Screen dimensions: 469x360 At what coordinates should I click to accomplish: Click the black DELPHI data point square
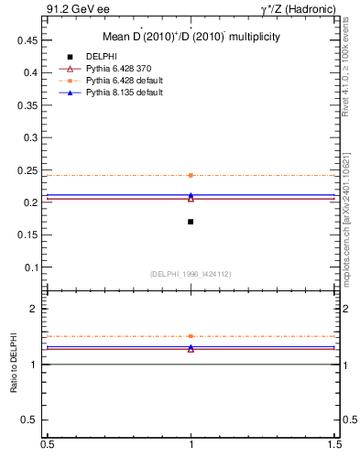[x=191, y=222]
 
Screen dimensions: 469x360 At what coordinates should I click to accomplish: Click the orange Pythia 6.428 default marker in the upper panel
[x=191, y=175]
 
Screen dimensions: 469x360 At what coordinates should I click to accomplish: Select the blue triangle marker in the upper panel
[x=191, y=195]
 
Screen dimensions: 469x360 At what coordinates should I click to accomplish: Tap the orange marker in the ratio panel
[x=191, y=336]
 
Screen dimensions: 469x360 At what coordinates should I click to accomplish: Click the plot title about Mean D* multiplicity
[x=191, y=37]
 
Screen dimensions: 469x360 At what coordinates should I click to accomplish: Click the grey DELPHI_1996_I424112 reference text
[x=191, y=274]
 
